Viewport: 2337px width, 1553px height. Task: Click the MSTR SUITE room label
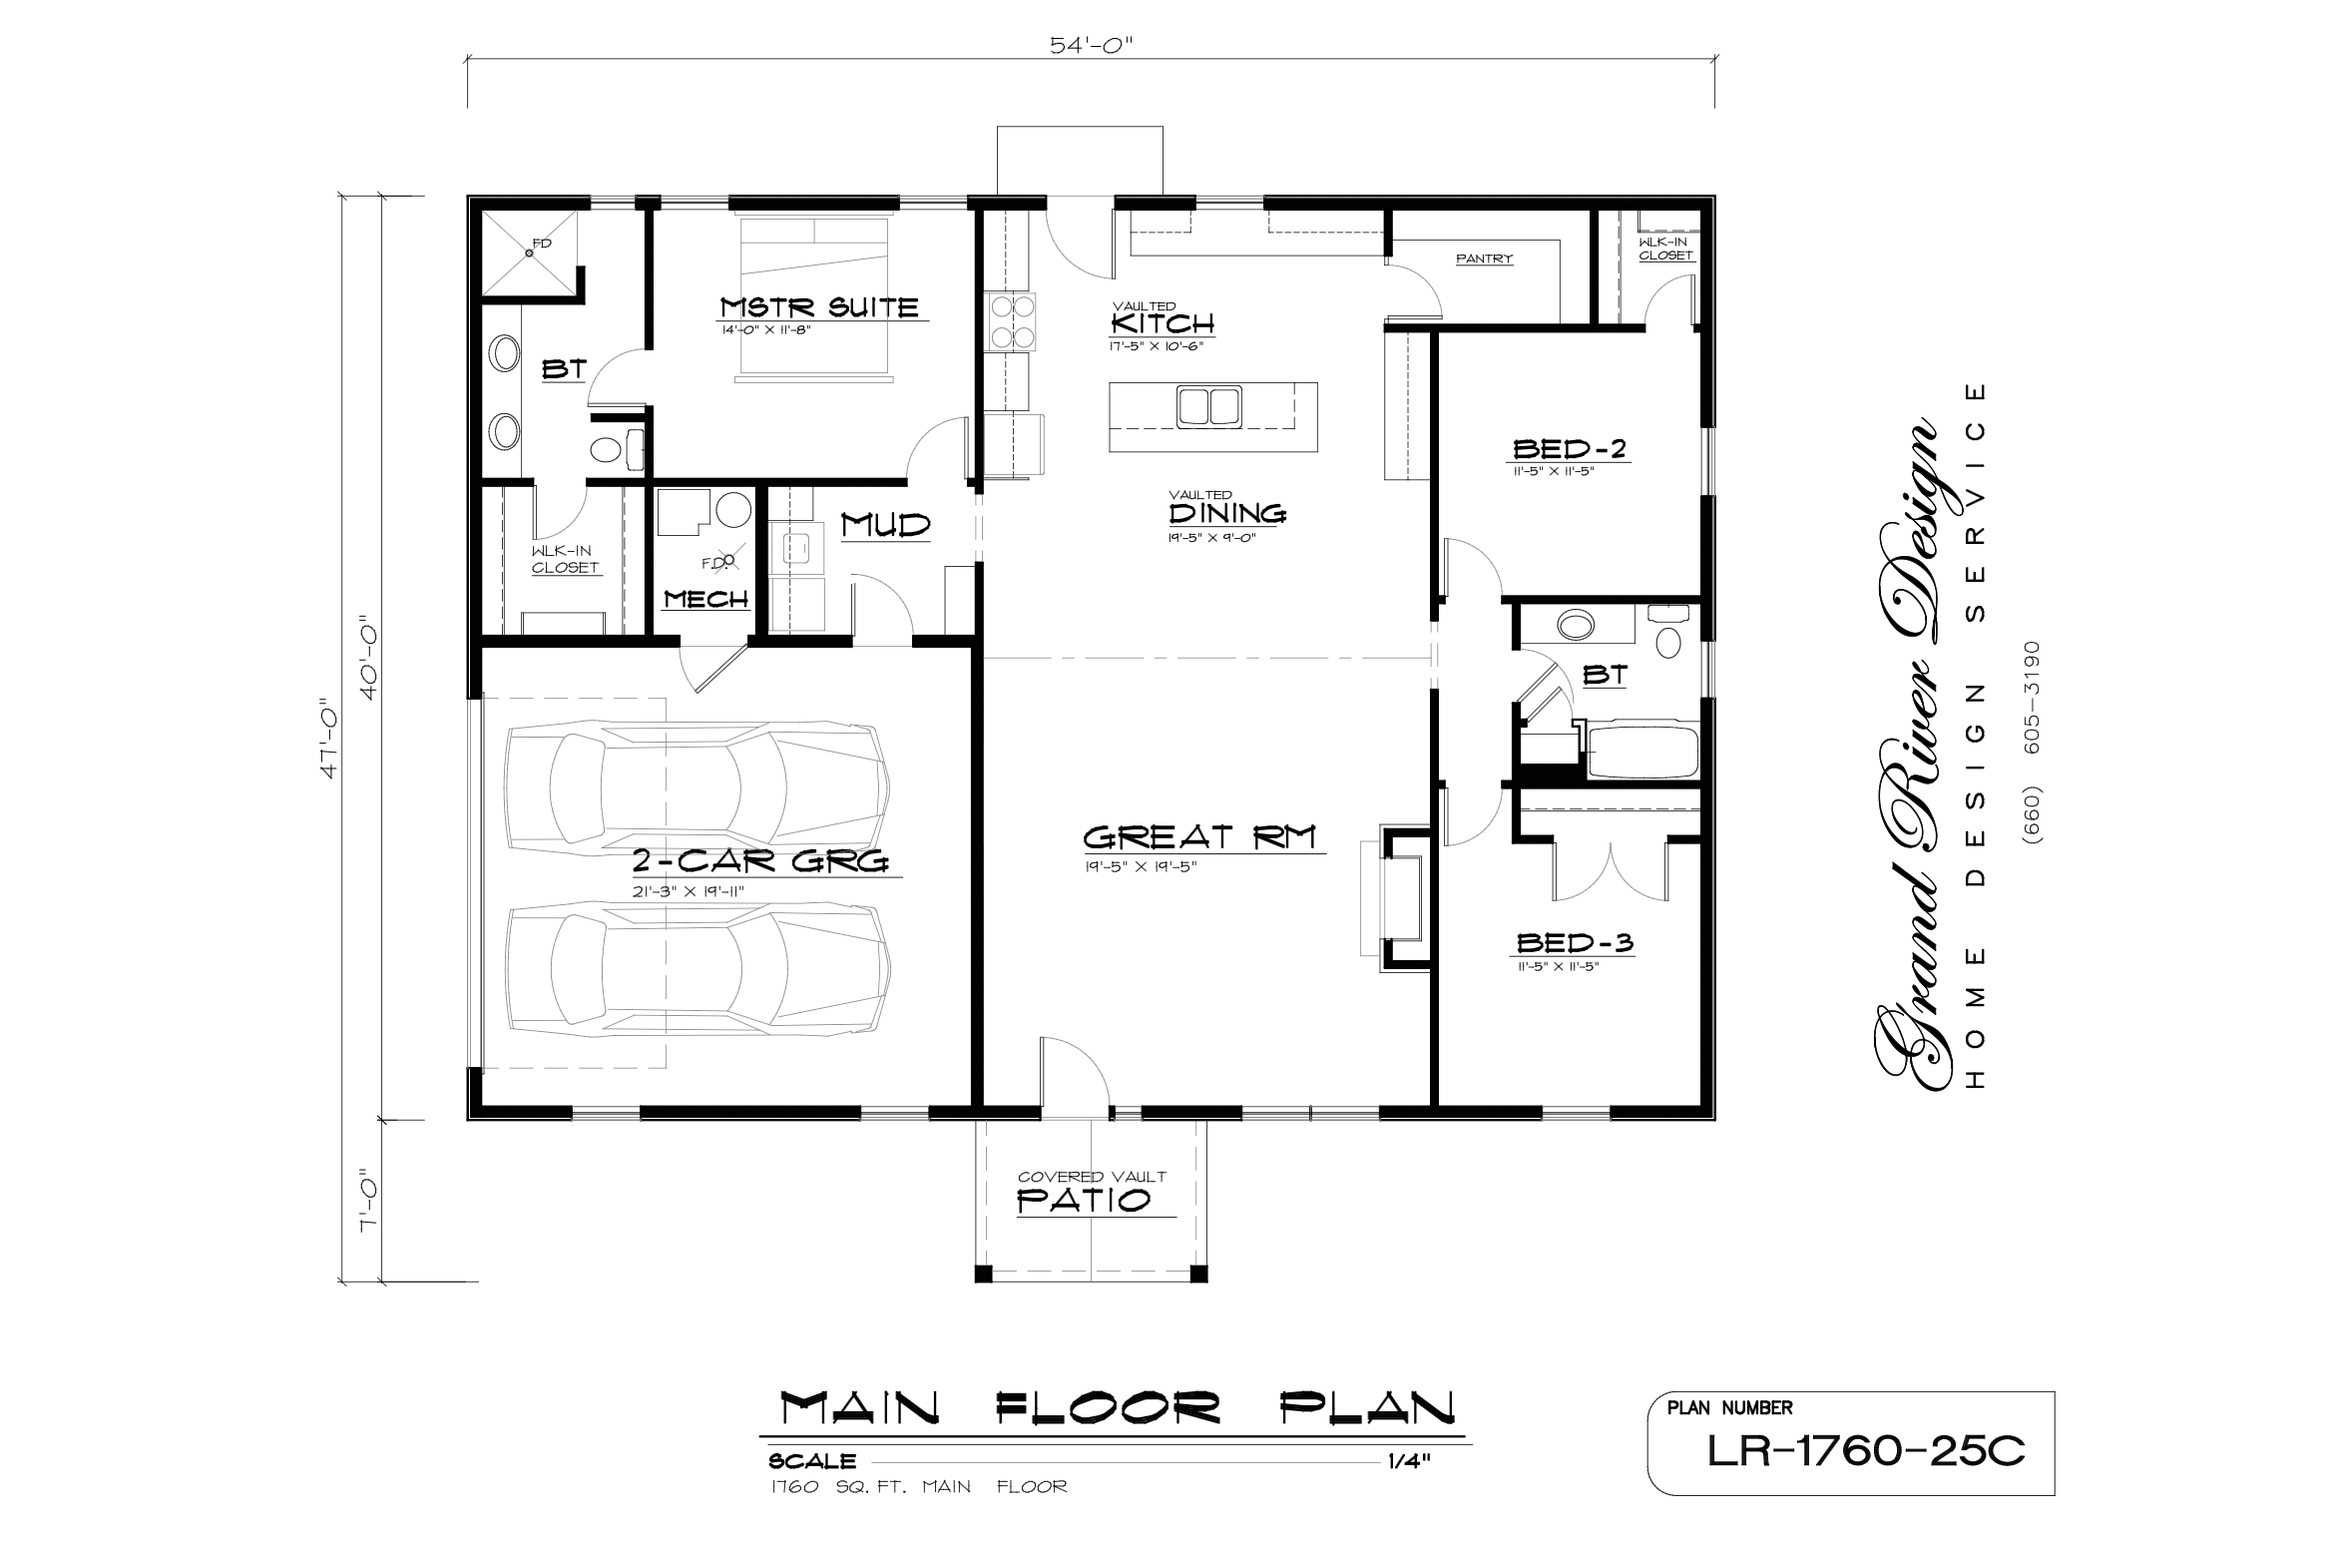[x=819, y=306]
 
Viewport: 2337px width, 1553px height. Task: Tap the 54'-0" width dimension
[x=1092, y=45]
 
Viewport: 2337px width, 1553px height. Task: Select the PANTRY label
[x=1484, y=259]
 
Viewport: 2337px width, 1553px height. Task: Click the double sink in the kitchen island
[x=1209, y=407]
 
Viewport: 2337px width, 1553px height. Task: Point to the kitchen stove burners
[x=1011, y=321]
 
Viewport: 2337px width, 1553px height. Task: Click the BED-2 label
[x=1570, y=449]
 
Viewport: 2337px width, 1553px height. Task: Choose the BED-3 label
[x=1575, y=942]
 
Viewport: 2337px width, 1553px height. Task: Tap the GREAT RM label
[x=1199, y=835]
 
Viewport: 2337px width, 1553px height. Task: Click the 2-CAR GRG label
[x=760, y=860]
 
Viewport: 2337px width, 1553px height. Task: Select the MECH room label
[x=706, y=599]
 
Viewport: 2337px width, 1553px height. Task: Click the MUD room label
[x=885, y=525]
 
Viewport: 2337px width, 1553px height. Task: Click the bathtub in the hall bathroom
[x=1642, y=751]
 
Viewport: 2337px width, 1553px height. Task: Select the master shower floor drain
[x=530, y=253]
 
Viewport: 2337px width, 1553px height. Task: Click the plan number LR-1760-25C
[x=1866, y=1451]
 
